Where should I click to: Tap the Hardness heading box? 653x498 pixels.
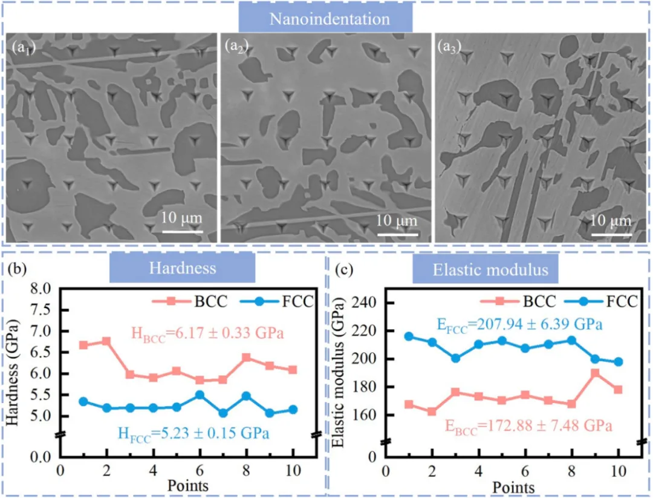(182, 268)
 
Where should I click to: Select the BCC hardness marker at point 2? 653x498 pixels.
(106, 341)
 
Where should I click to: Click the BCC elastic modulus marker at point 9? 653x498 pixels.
(595, 373)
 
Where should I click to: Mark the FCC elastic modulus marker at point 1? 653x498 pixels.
(408, 336)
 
